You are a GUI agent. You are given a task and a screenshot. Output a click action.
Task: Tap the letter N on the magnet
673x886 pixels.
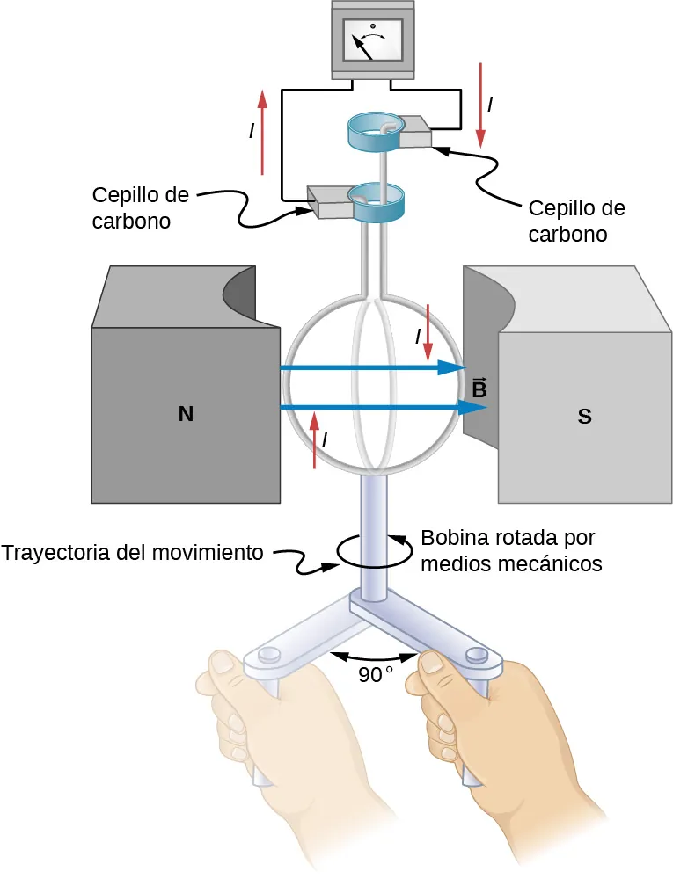point(185,413)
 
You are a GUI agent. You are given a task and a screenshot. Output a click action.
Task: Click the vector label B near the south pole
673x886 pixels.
point(479,388)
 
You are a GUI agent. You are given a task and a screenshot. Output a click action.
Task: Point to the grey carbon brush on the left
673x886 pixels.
point(327,204)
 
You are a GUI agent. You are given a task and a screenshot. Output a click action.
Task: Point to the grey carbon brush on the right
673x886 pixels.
point(415,134)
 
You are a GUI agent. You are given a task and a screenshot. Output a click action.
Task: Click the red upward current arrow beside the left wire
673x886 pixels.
point(262,132)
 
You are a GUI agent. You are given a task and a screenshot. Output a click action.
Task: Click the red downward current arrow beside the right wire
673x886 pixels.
point(480,104)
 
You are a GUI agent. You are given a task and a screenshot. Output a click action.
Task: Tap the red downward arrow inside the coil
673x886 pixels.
point(428,334)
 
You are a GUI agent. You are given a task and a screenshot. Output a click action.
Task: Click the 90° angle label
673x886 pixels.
point(375,675)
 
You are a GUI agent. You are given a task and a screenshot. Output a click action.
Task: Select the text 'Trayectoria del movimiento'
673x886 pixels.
point(133,553)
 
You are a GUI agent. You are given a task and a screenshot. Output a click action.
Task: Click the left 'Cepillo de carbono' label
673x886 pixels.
point(142,207)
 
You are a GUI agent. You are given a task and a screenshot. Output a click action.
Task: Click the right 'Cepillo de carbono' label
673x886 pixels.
point(576,221)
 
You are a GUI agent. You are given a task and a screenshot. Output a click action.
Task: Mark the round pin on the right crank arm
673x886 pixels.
point(477,654)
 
